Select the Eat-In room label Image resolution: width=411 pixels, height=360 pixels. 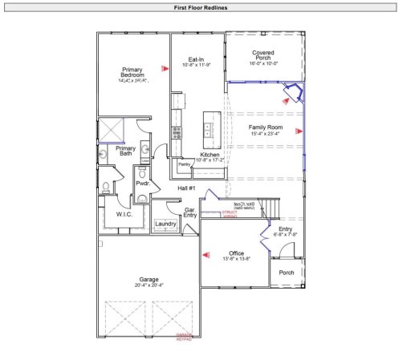196,60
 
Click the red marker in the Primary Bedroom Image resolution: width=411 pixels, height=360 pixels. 164,69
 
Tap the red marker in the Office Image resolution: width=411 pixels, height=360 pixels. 205,256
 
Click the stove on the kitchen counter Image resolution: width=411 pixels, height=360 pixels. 177,133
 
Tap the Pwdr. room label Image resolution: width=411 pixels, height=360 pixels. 143,184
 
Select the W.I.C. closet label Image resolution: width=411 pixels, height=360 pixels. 124,214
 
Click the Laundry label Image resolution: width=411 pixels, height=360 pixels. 165,224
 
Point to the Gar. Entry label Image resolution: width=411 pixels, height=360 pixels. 190,212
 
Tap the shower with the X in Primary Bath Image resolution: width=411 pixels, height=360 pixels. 109,130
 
